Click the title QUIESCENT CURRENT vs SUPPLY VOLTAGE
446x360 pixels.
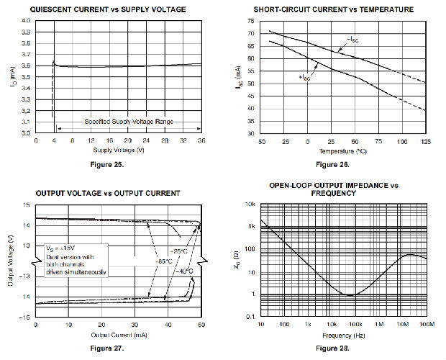coord(107,9)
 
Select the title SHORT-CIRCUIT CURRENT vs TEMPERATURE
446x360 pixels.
coord(334,9)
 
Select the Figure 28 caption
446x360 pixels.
coord(338,349)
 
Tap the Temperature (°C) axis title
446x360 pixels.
coord(342,150)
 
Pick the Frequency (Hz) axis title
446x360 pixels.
coord(344,336)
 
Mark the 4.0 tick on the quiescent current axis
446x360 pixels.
coord(26,20)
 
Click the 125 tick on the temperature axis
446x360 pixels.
coord(426,142)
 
